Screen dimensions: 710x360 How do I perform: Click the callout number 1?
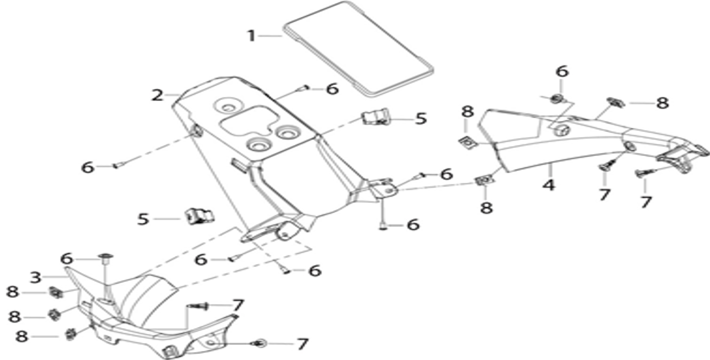click(x=252, y=36)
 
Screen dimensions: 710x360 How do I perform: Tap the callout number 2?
click(x=157, y=95)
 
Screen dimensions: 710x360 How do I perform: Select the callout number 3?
click(x=36, y=277)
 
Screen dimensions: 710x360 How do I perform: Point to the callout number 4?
click(x=549, y=185)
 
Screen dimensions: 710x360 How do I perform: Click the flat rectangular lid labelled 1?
click(x=358, y=49)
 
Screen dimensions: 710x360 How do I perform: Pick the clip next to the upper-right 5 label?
click(x=375, y=117)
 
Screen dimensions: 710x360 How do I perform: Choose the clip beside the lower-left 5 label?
click(x=199, y=216)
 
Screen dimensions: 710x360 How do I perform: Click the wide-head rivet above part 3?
click(x=106, y=258)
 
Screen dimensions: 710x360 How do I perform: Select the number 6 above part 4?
click(x=562, y=72)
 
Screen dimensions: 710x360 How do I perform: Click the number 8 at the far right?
click(x=662, y=103)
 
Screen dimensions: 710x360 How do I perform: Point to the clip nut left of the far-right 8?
click(x=615, y=102)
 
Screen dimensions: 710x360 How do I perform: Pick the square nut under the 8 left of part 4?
click(x=468, y=143)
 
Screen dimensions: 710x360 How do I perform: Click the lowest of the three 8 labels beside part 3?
click(x=22, y=337)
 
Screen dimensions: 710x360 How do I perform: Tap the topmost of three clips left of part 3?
click(x=56, y=293)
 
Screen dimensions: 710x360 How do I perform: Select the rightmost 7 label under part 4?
click(x=646, y=202)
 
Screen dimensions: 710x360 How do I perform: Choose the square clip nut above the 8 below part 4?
click(x=485, y=181)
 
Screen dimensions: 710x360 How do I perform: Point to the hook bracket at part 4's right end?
click(x=681, y=158)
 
